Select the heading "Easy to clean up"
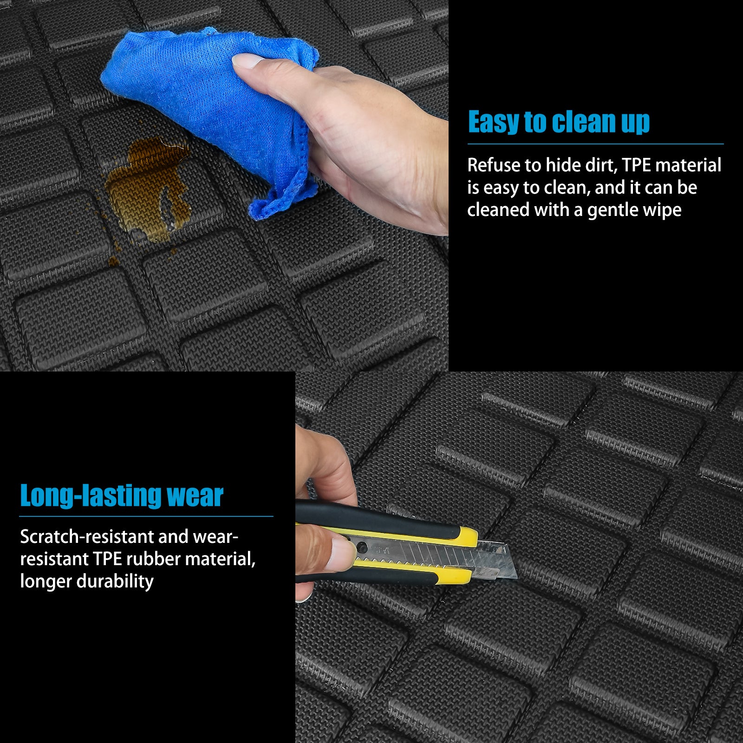pyautogui.click(x=559, y=123)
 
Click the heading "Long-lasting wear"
pyautogui.click(x=122, y=495)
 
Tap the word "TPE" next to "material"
pyautogui.click(x=636, y=165)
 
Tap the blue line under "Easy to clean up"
pyautogui.click(x=596, y=144)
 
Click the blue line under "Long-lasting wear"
pyautogui.click(x=146, y=516)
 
